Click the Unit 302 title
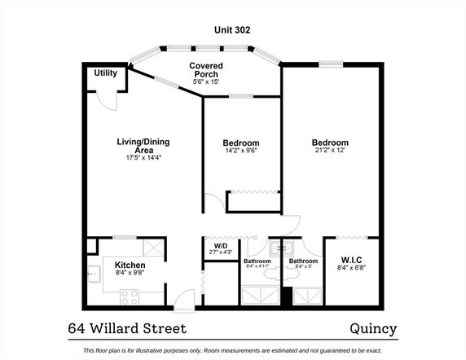coord(232,29)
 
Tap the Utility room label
coord(106,72)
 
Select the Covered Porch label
coord(206,70)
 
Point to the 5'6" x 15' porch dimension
coord(206,81)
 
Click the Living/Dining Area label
coord(143,146)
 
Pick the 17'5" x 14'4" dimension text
coord(143,158)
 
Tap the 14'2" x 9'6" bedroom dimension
coord(241,151)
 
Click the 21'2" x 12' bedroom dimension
coord(330,150)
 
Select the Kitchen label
coord(130,265)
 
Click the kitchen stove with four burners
coord(130,297)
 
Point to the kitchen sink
coord(95,274)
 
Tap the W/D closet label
coord(221,246)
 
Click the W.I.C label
coord(351,260)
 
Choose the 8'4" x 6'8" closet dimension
coord(351,267)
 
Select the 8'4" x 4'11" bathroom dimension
coord(257,266)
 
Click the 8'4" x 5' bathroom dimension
coord(303,266)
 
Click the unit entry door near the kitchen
coord(184,301)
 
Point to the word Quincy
coord(373,329)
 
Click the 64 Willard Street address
coord(127,328)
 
